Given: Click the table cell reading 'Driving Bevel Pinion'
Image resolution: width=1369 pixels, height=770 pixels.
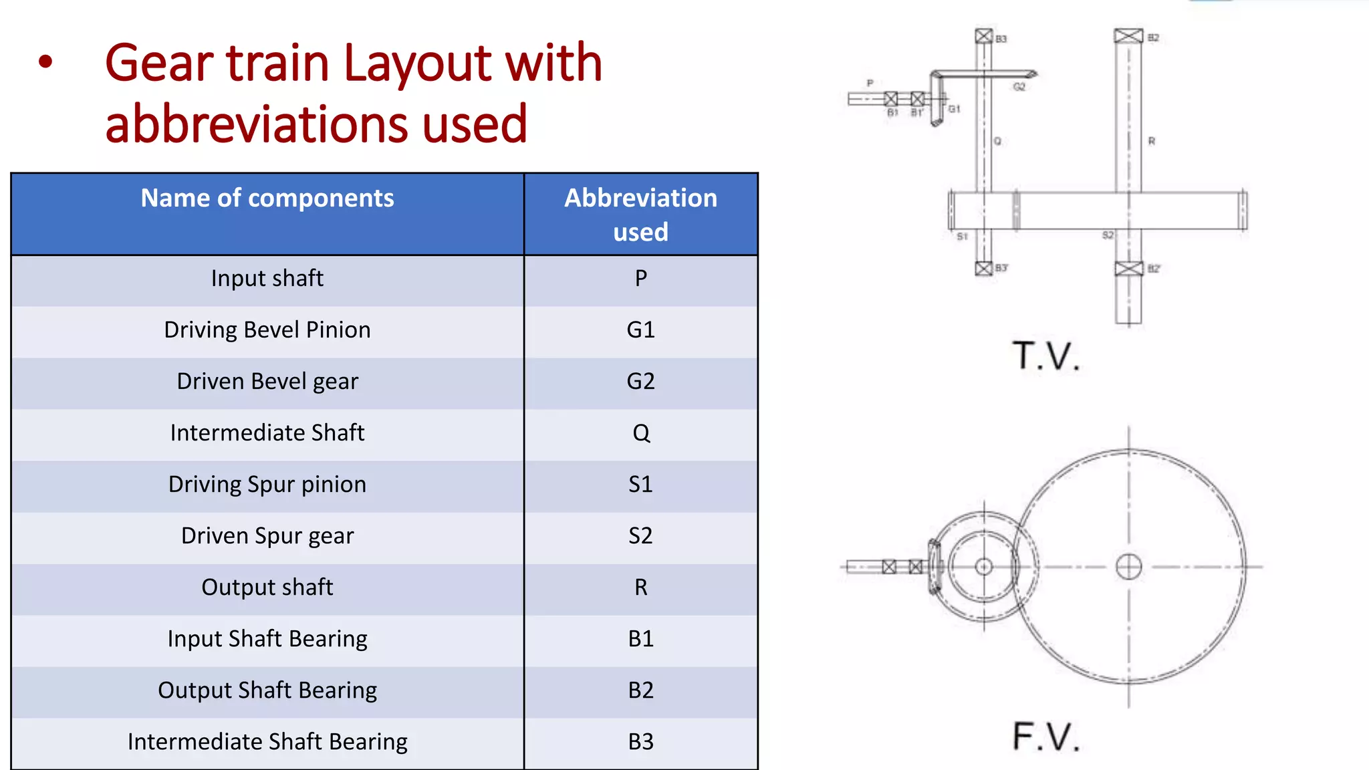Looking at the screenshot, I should pos(267,330).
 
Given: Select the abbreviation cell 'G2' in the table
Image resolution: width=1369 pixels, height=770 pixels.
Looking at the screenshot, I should pos(640,382).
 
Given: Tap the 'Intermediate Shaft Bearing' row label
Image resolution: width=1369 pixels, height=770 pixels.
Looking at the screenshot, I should pos(267,742).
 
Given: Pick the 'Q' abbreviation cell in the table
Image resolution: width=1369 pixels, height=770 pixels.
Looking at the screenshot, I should pos(640,433).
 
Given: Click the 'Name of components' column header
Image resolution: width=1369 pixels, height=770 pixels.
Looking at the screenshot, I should pos(267,199).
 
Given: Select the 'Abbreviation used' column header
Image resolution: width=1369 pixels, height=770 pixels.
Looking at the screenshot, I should pos(640,215).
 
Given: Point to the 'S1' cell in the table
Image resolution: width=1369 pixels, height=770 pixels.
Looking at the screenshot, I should pos(640,485).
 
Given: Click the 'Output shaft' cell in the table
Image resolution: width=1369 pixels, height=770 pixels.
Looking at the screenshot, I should pos(267,588).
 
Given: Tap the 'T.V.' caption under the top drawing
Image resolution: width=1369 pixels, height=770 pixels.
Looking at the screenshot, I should pos(1045,356).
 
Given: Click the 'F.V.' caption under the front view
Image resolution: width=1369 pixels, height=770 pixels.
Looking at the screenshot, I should pos(1045,737).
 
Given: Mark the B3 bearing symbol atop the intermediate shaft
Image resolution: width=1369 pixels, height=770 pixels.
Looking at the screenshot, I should pos(983,36).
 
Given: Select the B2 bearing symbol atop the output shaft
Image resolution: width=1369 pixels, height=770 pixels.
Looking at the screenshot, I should pos(1128,36).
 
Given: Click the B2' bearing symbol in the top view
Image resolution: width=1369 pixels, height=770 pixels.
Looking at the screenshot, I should pos(1129,269).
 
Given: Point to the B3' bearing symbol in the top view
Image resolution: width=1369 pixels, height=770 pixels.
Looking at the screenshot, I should pos(983,269).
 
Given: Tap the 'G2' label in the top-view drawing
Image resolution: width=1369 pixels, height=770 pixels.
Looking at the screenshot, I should pos(1019,87).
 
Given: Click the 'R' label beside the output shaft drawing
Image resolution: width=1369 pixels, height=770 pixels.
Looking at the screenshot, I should pos(1152,141).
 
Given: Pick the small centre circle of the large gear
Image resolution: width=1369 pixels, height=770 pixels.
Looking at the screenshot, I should pos(1129,567).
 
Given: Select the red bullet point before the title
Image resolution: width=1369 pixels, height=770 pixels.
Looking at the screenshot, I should pos(45,62).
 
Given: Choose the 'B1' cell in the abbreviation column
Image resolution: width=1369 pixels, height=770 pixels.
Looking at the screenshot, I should pos(640,639).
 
